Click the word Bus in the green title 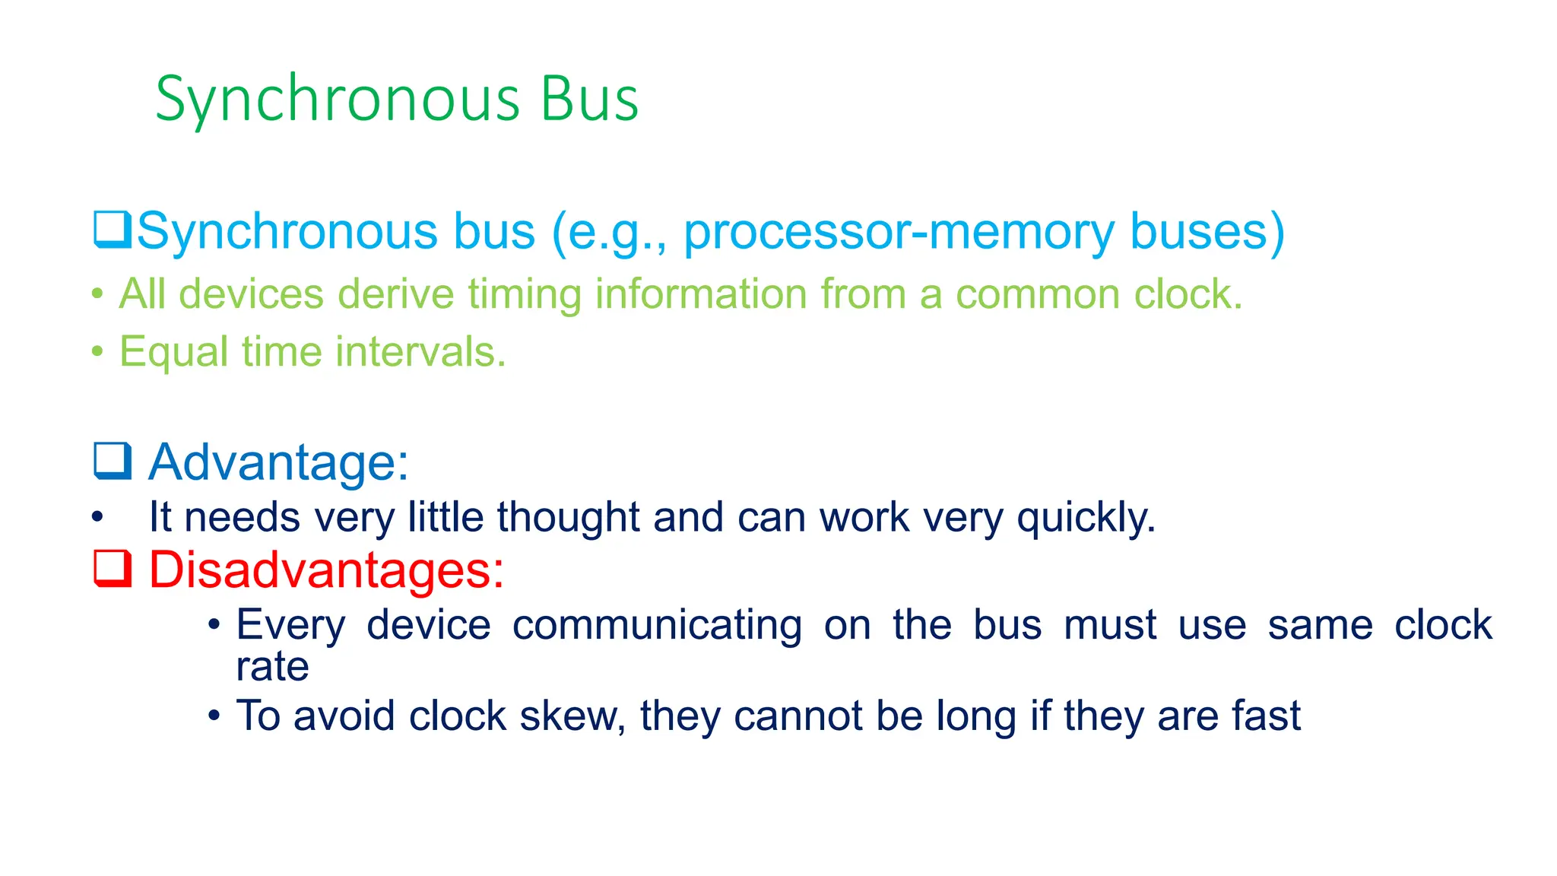(589, 100)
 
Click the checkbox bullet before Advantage (113, 461)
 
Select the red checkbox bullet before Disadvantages (113, 569)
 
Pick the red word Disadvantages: (326, 569)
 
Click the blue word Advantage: (278, 462)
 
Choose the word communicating (657, 625)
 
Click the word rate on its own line (272, 667)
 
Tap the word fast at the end (1266, 716)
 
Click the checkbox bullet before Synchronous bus (113, 230)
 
